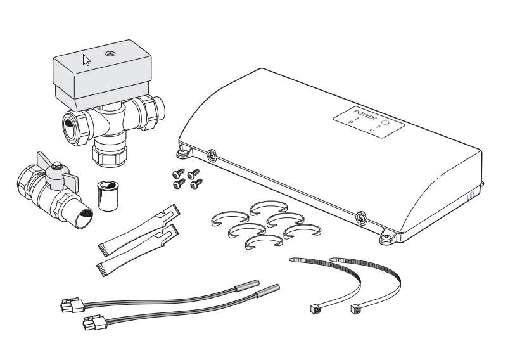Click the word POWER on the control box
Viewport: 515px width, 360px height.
[365, 115]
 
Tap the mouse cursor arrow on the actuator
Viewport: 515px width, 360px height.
[86, 60]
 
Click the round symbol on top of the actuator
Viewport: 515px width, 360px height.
[110, 53]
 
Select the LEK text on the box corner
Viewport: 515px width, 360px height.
[471, 196]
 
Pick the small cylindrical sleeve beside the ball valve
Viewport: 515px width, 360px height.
[108, 195]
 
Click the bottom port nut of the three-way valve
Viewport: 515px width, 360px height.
[110, 155]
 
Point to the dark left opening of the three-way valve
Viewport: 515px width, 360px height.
[70, 126]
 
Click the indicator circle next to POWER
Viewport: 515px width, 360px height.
[386, 123]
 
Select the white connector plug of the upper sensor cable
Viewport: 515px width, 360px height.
[72, 305]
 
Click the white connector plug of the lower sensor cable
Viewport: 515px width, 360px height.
[95, 322]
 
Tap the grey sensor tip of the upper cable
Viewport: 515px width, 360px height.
[247, 286]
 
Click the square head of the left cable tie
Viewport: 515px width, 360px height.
[315, 308]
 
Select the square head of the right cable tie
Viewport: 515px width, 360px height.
[356, 309]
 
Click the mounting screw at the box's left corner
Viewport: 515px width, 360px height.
[182, 152]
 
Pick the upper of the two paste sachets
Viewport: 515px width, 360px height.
[139, 230]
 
